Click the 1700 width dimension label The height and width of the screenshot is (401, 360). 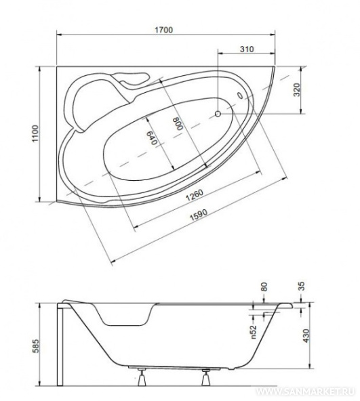click(164, 30)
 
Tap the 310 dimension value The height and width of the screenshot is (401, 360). click(247, 49)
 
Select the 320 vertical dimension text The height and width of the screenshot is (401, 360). click(296, 89)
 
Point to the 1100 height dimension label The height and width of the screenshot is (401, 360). click(35, 133)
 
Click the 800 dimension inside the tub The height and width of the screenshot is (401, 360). click(178, 123)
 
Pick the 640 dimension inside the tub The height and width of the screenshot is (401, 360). click(151, 138)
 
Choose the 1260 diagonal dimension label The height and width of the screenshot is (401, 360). click(195, 195)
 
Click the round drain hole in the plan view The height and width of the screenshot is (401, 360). click(218, 114)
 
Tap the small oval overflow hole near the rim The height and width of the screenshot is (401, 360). click(240, 95)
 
